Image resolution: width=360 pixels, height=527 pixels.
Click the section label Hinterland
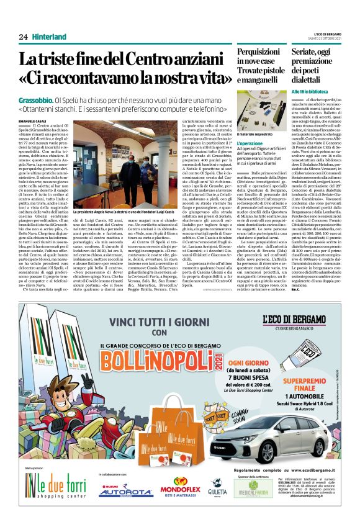coord(49,37)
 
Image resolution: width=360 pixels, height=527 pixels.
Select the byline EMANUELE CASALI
coord(32,120)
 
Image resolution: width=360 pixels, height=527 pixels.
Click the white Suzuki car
coord(273,435)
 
